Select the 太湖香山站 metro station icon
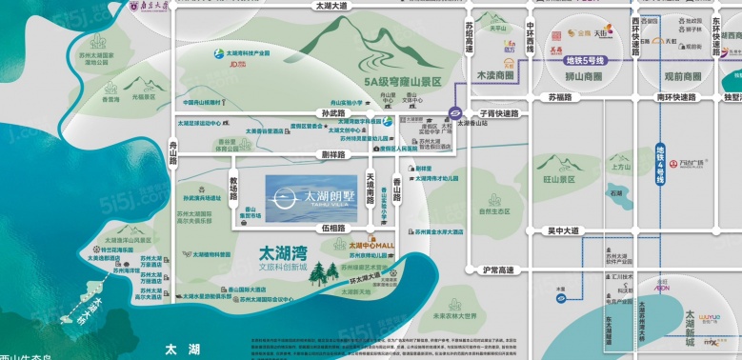click(457, 112)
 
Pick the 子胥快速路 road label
click(500, 113)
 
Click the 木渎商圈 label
click(494, 73)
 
